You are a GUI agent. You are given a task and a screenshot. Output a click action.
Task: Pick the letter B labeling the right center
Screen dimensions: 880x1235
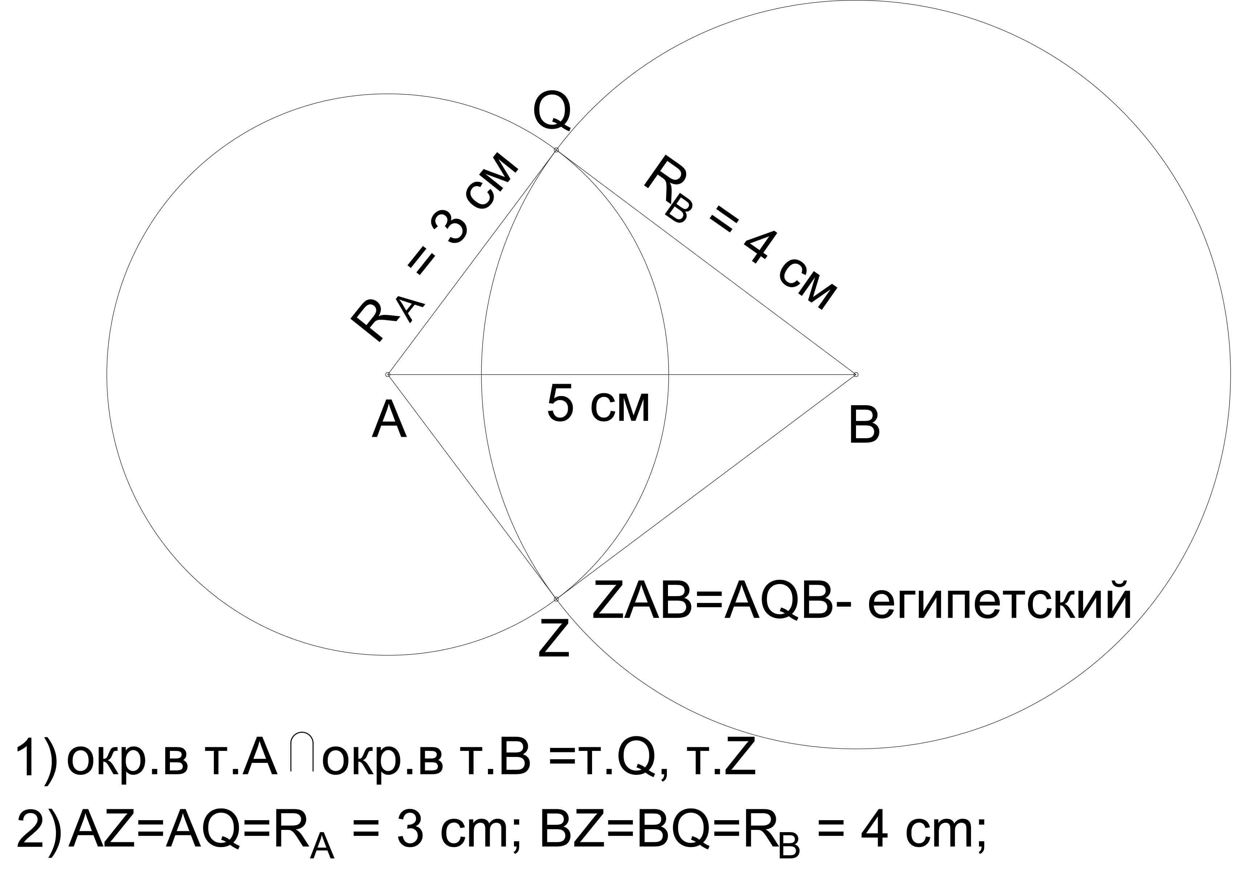864,426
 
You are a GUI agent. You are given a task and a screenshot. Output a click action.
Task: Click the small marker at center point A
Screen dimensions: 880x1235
388,374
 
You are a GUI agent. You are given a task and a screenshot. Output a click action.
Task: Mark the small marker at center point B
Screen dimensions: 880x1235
856,374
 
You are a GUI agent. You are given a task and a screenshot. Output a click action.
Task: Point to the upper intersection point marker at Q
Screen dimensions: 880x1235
556,149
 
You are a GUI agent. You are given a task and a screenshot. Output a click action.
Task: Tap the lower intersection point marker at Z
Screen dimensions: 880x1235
556,599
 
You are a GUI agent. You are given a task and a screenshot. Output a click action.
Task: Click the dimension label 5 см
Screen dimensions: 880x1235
598,404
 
